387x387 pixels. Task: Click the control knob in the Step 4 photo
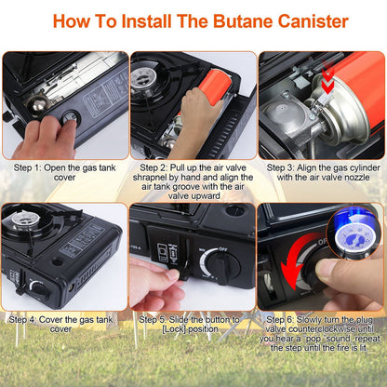tap(37, 288)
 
